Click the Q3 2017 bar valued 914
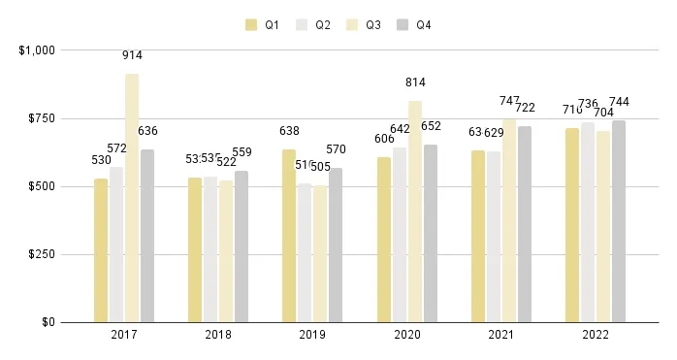pyautogui.click(x=132, y=198)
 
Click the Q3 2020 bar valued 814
pyautogui.click(x=415, y=212)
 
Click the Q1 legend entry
pyautogui.click(x=263, y=24)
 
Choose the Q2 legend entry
pyautogui.click(x=313, y=24)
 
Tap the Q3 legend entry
pyautogui.click(x=365, y=24)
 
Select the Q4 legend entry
pyautogui.click(x=415, y=24)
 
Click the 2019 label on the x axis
pyautogui.click(x=312, y=335)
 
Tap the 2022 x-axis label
pyautogui.click(x=596, y=335)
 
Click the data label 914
pyautogui.click(x=132, y=55)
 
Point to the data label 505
pyautogui.click(x=320, y=167)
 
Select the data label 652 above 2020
pyautogui.click(x=430, y=126)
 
